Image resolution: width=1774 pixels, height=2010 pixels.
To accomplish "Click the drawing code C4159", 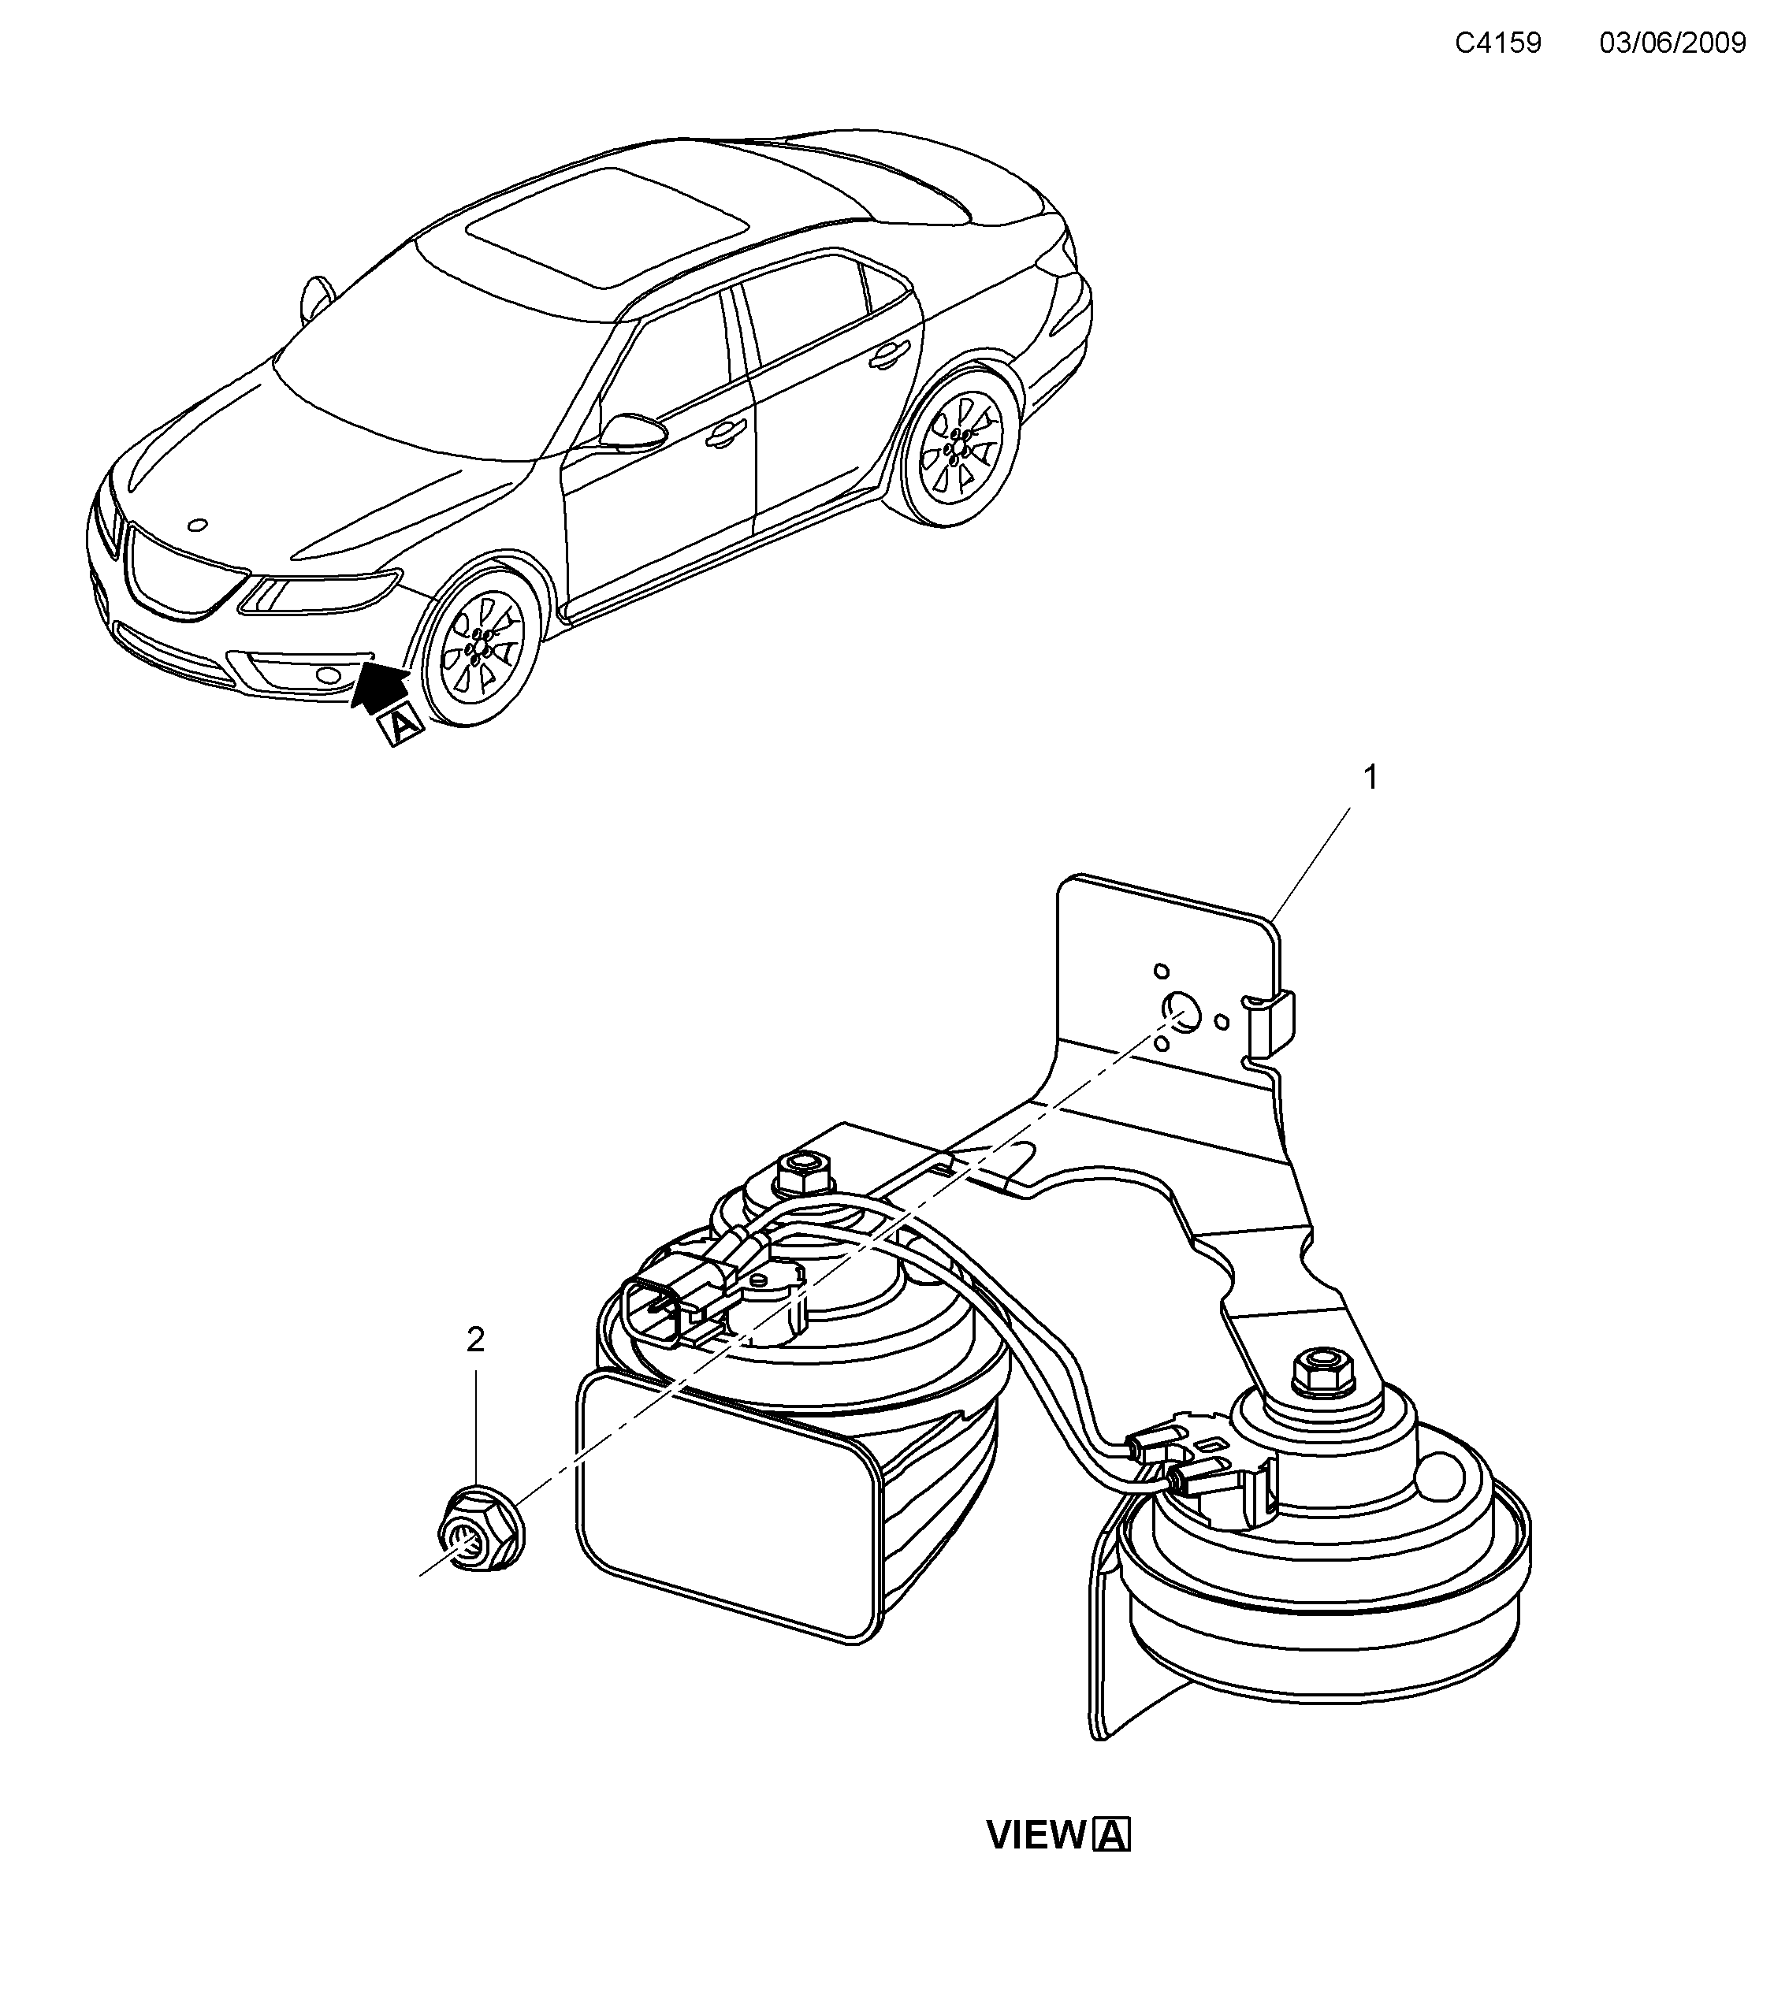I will (x=1497, y=43).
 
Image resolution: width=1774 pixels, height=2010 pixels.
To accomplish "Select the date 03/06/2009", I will (x=1672, y=43).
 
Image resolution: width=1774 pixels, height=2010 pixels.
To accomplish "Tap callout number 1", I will (x=1370, y=778).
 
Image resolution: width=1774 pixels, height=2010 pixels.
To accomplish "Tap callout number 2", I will (x=475, y=1339).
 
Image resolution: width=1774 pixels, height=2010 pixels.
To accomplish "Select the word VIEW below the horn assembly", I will (x=1035, y=1835).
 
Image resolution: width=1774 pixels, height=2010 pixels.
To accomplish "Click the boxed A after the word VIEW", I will (x=1111, y=1835).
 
